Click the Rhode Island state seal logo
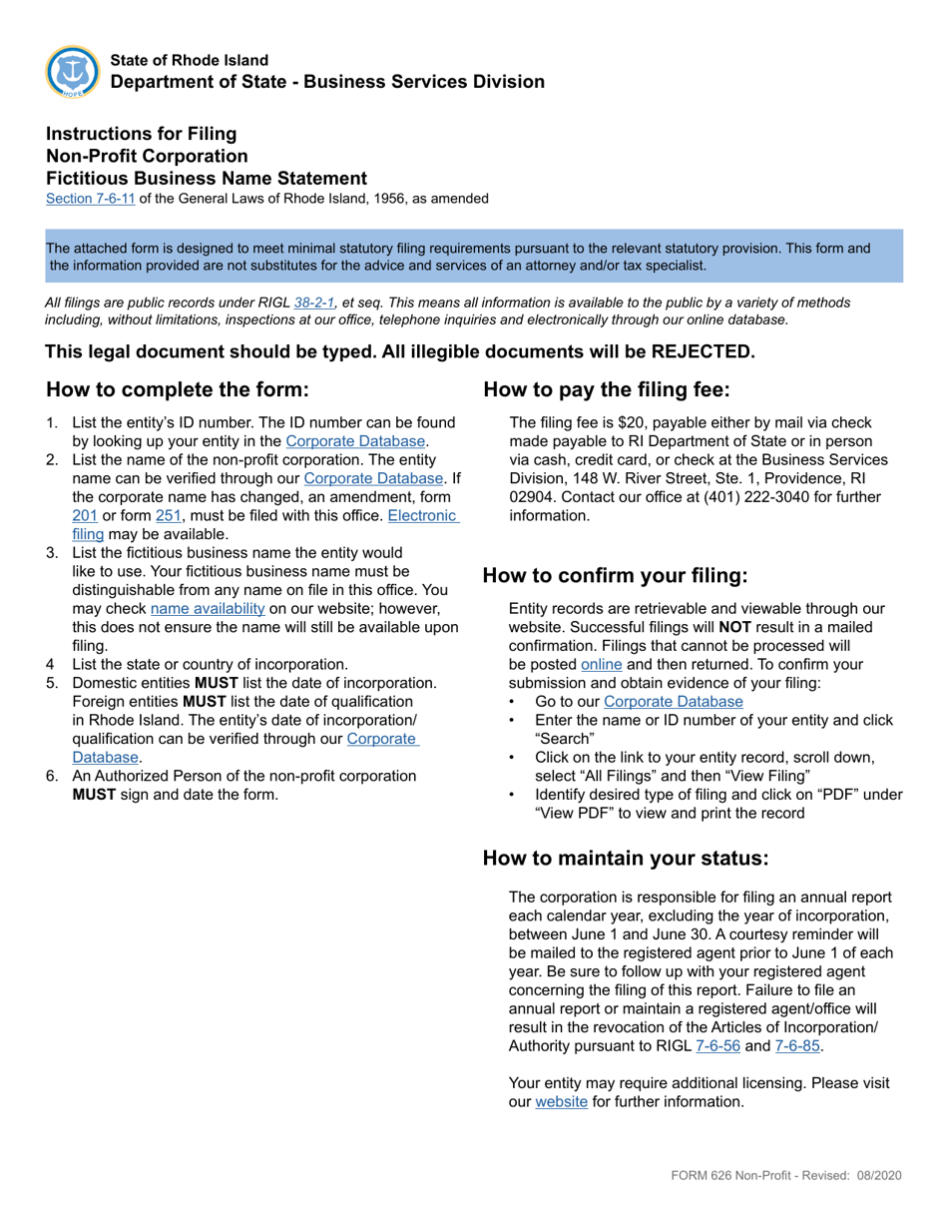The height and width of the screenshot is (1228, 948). coord(72,72)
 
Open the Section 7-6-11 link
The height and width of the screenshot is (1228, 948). coord(90,199)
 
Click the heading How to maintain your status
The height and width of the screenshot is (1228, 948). coord(626,859)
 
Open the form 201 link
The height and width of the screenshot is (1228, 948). coord(84,516)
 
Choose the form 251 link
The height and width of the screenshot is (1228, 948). coord(167,516)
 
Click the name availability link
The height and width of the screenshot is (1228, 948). coord(208,608)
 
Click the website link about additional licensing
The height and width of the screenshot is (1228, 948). coord(562,1102)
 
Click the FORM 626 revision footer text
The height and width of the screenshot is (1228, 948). coord(785,1176)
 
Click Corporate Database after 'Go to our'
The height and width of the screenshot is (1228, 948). coord(673,702)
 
